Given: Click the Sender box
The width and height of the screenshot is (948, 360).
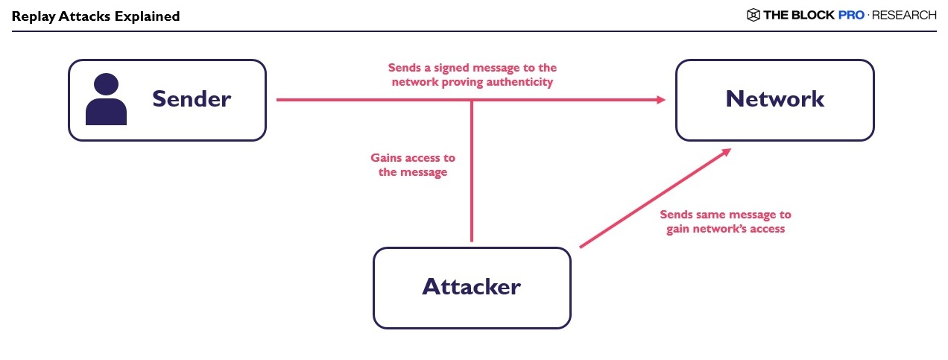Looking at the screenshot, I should pos(167,100).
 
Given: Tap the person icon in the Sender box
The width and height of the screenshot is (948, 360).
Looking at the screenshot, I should pos(106,99).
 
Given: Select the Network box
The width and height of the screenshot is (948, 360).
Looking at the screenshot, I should pos(774,100).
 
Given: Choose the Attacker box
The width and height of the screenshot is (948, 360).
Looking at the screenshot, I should pos(471,288).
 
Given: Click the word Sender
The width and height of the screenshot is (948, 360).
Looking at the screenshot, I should pos(192,99).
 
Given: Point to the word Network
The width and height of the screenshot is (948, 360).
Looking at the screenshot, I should pos(774,99).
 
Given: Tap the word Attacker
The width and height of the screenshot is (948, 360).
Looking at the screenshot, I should pos(471,287).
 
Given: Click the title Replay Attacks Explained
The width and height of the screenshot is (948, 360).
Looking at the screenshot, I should pos(95,16).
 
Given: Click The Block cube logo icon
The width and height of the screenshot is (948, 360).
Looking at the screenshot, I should pos(753,15).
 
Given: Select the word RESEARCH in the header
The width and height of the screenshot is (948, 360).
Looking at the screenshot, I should pos(903,15).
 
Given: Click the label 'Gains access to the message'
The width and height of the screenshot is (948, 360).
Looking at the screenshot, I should pos(413,165).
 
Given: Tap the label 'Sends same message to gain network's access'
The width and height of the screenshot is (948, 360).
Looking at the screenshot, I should pos(725,221).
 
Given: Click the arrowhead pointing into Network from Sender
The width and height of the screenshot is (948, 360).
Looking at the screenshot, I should pos(660,100).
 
